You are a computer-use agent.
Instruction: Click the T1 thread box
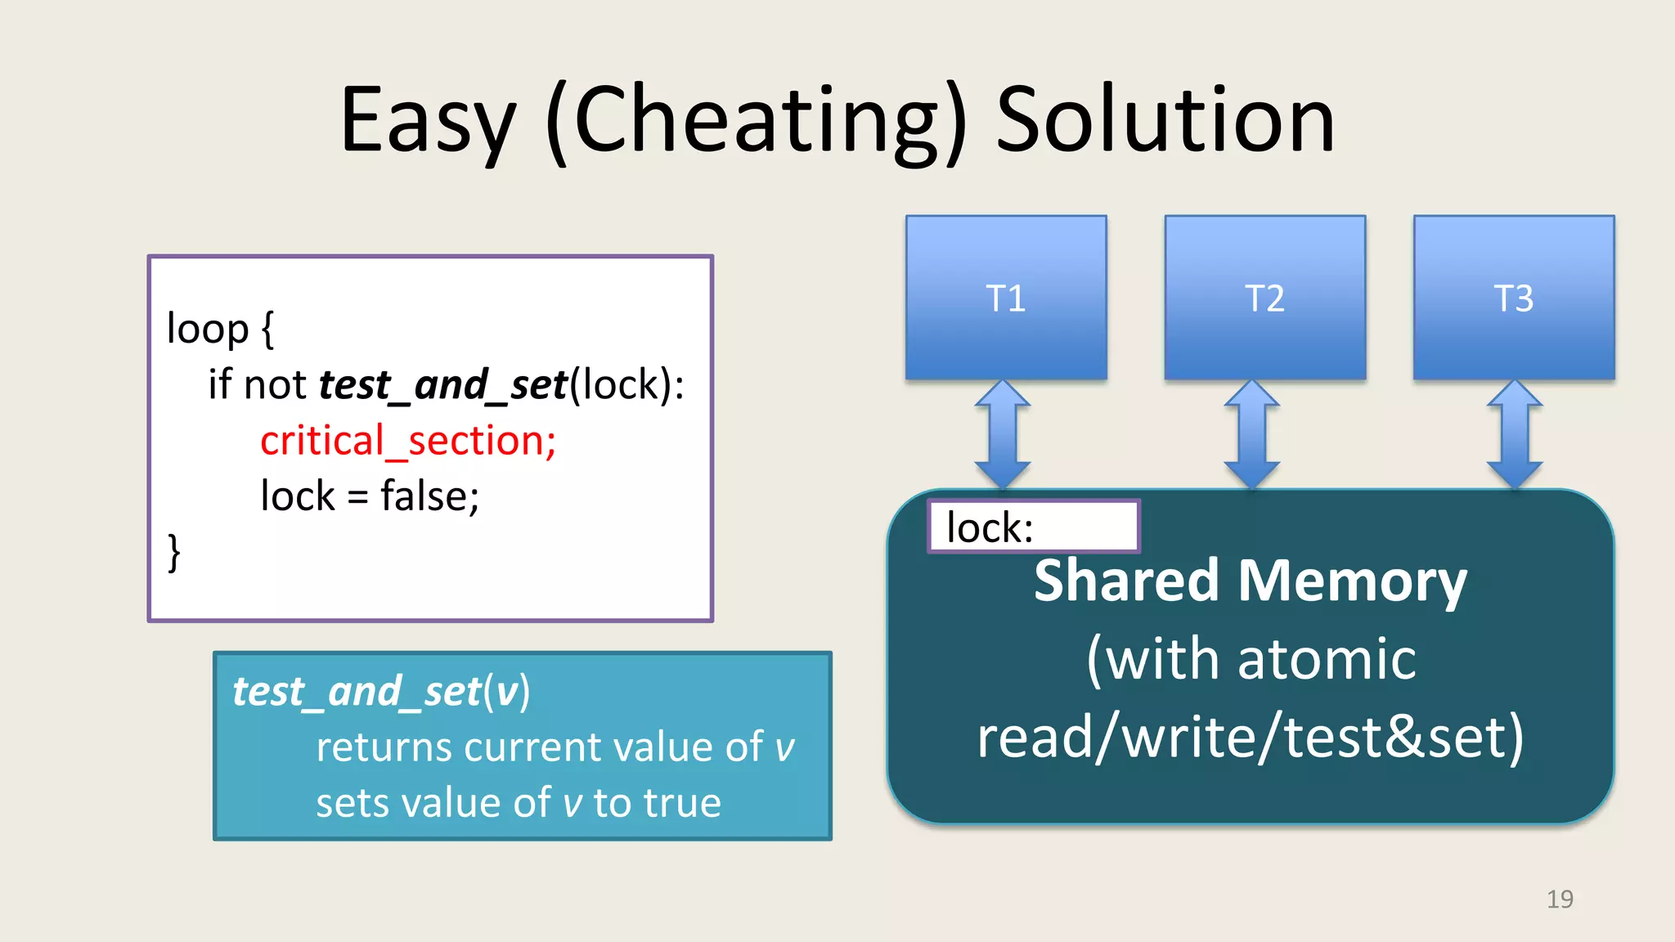point(1006,298)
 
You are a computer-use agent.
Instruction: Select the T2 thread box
point(1264,298)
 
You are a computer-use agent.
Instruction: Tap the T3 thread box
point(1513,298)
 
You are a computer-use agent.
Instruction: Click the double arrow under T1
point(1003,434)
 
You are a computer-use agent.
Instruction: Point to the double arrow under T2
point(1251,434)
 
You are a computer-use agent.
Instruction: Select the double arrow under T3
point(1515,434)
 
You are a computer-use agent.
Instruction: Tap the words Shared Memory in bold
point(1250,581)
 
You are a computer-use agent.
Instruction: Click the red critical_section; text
point(408,441)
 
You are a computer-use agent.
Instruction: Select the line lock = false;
point(370,496)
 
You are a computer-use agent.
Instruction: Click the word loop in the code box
point(208,329)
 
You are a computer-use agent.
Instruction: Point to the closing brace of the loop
point(173,553)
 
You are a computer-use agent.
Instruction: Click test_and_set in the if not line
point(442,384)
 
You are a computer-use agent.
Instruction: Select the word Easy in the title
point(428,123)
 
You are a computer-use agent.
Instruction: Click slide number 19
point(1560,899)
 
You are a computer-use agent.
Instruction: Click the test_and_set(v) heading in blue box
point(381,692)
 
